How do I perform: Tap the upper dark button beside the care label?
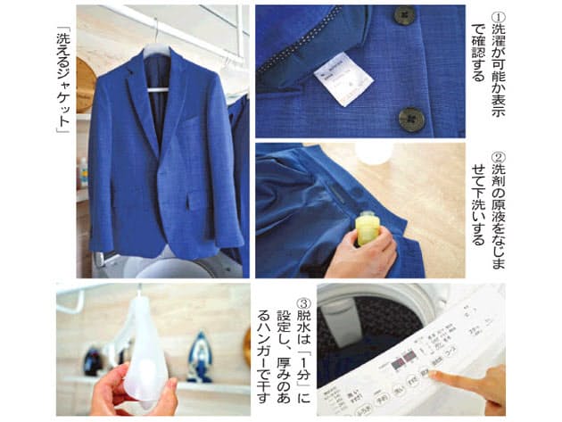(x=404, y=15)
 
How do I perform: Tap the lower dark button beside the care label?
(x=410, y=117)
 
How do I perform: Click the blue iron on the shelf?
(x=197, y=357)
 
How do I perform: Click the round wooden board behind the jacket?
(x=85, y=85)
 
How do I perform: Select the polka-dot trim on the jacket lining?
(x=312, y=49)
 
